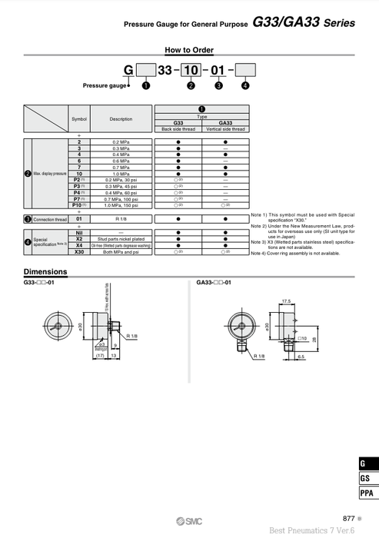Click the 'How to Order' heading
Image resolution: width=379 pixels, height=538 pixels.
188,50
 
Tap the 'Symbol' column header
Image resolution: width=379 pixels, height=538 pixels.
79,119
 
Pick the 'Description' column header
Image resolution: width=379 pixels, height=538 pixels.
121,119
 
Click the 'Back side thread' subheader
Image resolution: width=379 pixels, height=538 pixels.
178,128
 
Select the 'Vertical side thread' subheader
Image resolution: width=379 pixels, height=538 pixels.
225,128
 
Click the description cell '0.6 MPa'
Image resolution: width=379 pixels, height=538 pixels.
121,161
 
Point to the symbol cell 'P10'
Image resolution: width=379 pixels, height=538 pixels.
78,204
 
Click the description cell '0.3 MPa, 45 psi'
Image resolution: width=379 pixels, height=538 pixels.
121,185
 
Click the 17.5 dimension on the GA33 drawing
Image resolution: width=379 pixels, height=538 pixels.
286,301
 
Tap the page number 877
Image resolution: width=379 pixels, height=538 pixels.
347,518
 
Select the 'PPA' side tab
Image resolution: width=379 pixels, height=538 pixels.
367,493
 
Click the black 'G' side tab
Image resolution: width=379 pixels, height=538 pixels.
367,463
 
